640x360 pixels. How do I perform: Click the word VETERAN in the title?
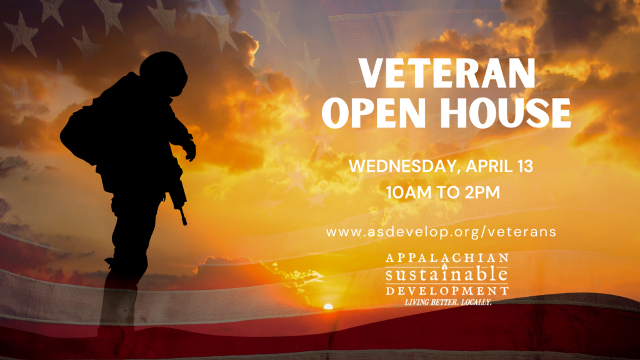pos(447,73)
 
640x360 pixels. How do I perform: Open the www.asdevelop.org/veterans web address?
pos(441,232)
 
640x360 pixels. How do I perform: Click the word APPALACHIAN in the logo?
pos(447,258)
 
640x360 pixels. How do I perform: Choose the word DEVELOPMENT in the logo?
pos(447,291)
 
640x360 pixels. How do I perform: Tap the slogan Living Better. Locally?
pos(447,302)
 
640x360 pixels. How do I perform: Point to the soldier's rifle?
pos(178,192)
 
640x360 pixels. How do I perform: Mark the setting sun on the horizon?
pos(328,306)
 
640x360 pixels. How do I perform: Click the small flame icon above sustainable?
pos(445,266)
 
